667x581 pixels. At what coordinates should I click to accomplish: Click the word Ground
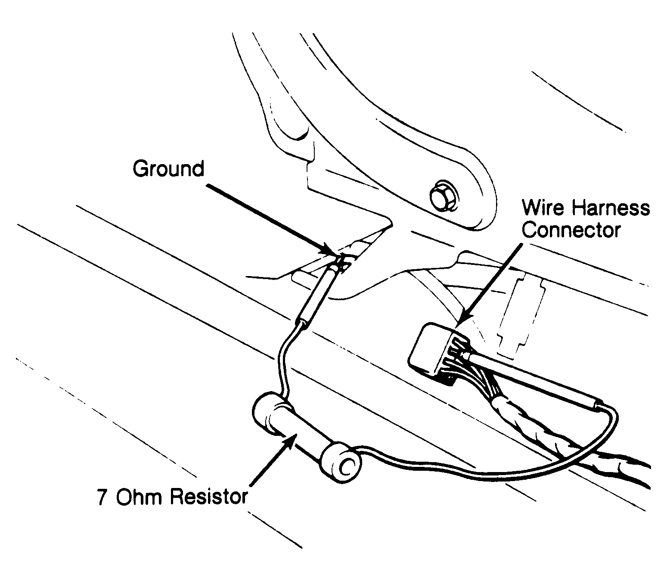point(168,169)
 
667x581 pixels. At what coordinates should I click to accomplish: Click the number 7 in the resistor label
point(102,497)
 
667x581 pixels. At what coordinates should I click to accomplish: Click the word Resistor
point(209,497)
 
